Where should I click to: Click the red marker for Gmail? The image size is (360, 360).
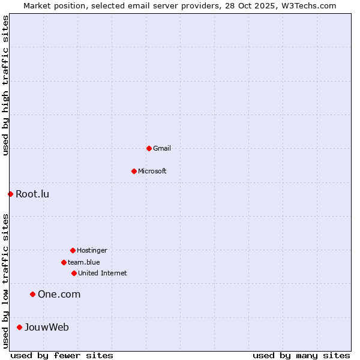(x=149, y=148)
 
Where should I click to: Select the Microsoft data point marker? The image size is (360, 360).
(x=134, y=171)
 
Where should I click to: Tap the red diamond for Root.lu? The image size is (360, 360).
(x=10, y=194)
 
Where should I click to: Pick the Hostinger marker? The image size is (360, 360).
(x=73, y=250)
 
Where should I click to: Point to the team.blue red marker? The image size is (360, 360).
(x=64, y=262)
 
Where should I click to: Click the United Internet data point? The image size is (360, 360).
(x=74, y=273)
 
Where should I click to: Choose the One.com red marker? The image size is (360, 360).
(x=32, y=294)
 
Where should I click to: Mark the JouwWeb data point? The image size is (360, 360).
(x=19, y=327)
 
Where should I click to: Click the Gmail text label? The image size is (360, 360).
(x=162, y=148)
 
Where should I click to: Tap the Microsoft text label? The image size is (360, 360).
(x=152, y=171)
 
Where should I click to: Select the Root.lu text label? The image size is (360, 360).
(x=32, y=194)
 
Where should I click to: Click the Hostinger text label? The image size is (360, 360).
(x=92, y=250)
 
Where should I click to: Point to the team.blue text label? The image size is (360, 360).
(x=84, y=262)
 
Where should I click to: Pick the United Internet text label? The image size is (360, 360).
(x=103, y=273)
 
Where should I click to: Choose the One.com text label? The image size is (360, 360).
(x=59, y=294)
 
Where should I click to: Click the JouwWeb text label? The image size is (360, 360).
(x=47, y=327)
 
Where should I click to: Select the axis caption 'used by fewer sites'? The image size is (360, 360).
(x=62, y=355)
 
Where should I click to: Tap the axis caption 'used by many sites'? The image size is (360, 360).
(x=301, y=355)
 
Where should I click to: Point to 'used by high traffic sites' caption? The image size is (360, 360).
(x=5, y=86)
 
